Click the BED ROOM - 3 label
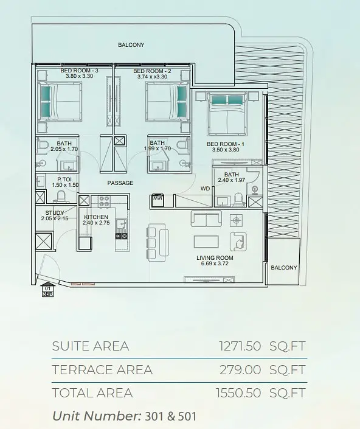(x=79, y=71)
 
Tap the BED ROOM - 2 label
(x=152, y=71)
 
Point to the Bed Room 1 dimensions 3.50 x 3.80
(x=226, y=150)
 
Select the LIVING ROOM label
(x=215, y=258)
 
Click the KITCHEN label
(x=96, y=217)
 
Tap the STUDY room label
(x=55, y=212)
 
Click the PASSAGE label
(x=120, y=183)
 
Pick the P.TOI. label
(x=65, y=180)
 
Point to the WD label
(x=206, y=189)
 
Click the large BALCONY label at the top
(x=131, y=45)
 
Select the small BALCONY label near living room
(x=284, y=268)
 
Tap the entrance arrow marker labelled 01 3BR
(x=47, y=290)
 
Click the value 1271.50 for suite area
(x=240, y=346)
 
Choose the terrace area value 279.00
(x=240, y=370)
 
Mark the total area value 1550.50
(x=238, y=393)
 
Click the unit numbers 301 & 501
(x=170, y=416)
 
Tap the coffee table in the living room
(x=206, y=242)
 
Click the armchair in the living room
(x=238, y=242)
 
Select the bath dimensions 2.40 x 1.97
(x=231, y=180)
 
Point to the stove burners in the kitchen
(x=104, y=201)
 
